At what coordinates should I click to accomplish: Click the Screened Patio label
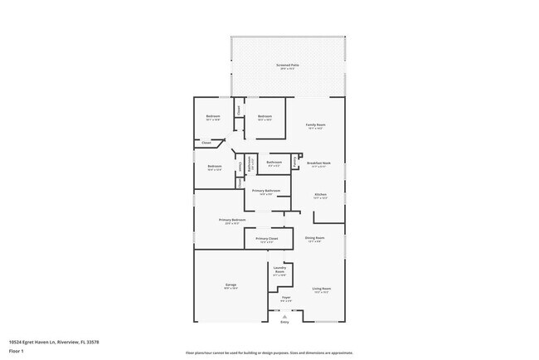point(287,65)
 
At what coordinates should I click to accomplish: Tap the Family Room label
point(316,125)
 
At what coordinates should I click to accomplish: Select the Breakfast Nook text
point(319,163)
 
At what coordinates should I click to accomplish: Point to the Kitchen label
point(319,196)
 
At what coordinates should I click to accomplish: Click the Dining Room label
point(315,238)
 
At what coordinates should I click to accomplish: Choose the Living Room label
point(321,289)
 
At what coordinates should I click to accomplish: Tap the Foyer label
point(285,297)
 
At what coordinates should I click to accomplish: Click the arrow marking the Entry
point(284,315)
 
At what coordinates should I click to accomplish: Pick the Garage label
point(231,285)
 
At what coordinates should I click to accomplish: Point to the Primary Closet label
point(267,239)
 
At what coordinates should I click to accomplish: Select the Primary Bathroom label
point(266,192)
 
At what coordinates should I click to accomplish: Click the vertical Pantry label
point(295,160)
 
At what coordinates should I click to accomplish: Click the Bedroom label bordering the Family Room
point(265,116)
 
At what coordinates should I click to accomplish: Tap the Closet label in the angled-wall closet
point(206,143)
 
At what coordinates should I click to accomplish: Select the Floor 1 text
point(16,350)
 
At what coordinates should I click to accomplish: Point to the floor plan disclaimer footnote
point(269,353)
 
